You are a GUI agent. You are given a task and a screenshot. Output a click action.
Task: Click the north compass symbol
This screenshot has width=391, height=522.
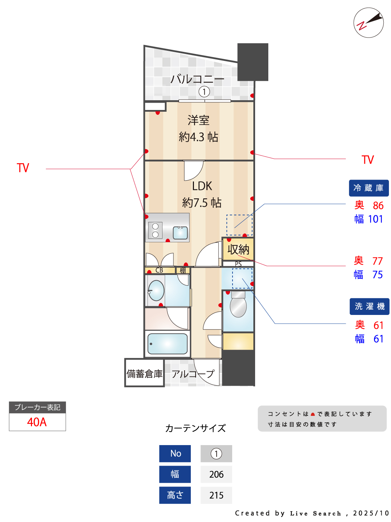pyautogui.click(x=368, y=23)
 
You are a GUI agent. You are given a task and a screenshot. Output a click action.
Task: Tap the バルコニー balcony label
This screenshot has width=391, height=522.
pyautogui.click(x=197, y=79)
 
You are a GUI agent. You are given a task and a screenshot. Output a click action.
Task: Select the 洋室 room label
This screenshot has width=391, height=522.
pyautogui.click(x=198, y=120)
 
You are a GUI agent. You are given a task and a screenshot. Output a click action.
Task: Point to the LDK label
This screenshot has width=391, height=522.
pyautogui.click(x=202, y=186)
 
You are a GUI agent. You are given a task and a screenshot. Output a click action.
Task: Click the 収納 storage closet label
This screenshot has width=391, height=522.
pyautogui.click(x=238, y=250)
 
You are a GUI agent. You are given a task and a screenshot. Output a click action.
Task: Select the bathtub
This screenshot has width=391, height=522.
pyautogui.click(x=168, y=343)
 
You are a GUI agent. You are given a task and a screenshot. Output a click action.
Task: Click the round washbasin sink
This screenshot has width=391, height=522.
pyautogui.click(x=156, y=291)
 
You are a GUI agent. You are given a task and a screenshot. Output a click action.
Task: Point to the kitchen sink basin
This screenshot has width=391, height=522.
pyautogui.click(x=180, y=232)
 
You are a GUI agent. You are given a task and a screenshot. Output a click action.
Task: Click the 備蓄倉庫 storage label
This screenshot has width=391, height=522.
pyautogui.click(x=144, y=374)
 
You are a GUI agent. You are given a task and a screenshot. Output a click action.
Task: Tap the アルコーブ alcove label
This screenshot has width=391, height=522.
pyautogui.click(x=193, y=374)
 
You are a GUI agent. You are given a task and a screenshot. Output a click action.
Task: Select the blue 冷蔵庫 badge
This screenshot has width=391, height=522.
pyautogui.click(x=368, y=188)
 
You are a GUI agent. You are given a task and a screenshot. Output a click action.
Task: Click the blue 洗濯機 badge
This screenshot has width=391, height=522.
pyautogui.click(x=369, y=306)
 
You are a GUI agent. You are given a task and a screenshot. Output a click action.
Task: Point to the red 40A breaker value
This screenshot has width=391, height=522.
pyautogui.click(x=37, y=422)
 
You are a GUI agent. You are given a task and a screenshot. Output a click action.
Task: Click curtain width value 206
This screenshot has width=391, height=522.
pyautogui.click(x=216, y=474)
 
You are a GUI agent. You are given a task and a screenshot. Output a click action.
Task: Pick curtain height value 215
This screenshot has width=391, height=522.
pyautogui.click(x=216, y=495)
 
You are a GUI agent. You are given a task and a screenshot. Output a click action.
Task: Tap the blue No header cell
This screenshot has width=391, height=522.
pyautogui.click(x=175, y=453)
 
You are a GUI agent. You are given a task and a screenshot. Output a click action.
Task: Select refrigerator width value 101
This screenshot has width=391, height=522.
pyautogui.click(x=375, y=219)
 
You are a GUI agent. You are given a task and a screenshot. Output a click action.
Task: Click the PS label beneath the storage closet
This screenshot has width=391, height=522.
pyautogui.click(x=238, y=264)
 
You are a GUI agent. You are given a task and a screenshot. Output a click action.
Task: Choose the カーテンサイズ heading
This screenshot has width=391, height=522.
pyautogui.click(x=195, y=428)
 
